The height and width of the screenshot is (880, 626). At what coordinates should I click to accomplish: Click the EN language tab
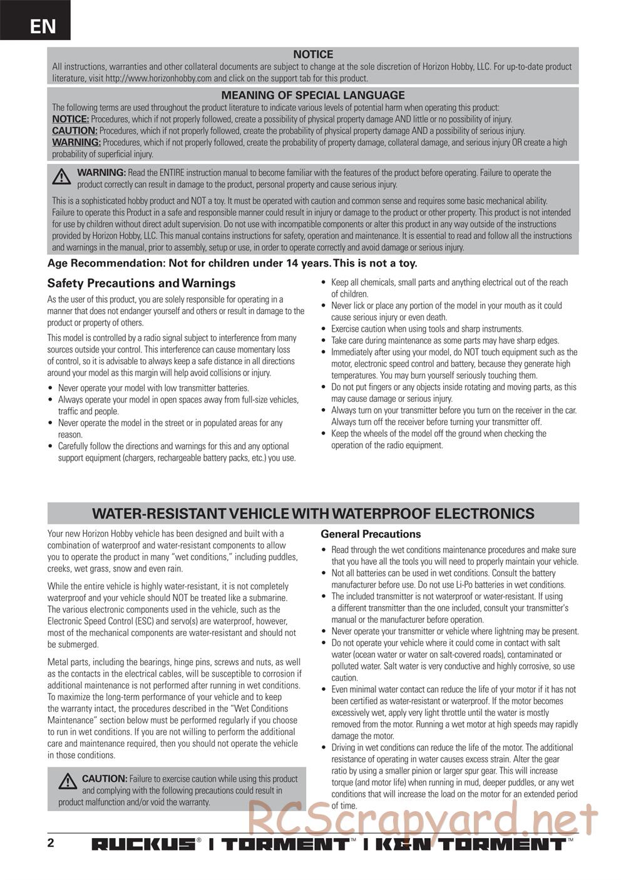42,26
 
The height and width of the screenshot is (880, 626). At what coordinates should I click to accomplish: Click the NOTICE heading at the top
313,54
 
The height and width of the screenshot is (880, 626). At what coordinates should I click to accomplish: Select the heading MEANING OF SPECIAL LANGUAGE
313,95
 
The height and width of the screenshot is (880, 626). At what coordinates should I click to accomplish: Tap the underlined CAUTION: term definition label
74,131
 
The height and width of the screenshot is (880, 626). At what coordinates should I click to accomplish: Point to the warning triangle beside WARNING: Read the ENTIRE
61,178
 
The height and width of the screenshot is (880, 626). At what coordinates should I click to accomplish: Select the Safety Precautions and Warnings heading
141,283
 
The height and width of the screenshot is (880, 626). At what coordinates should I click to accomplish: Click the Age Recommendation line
232,263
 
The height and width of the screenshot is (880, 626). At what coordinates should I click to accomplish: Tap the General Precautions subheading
371,534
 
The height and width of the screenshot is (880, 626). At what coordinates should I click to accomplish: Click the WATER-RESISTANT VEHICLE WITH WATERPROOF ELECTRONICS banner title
313,514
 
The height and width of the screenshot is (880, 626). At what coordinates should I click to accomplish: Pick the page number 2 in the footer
51,842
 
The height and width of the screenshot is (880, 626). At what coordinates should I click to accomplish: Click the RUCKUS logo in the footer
144,844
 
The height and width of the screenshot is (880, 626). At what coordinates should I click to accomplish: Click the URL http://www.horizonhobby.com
158,78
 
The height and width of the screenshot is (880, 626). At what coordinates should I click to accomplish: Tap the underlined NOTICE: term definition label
70,119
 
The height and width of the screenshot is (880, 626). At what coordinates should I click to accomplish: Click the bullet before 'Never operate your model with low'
51,388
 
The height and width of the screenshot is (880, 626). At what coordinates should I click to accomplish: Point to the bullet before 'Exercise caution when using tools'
323,329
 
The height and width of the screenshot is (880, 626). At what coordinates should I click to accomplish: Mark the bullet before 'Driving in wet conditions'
323,748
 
